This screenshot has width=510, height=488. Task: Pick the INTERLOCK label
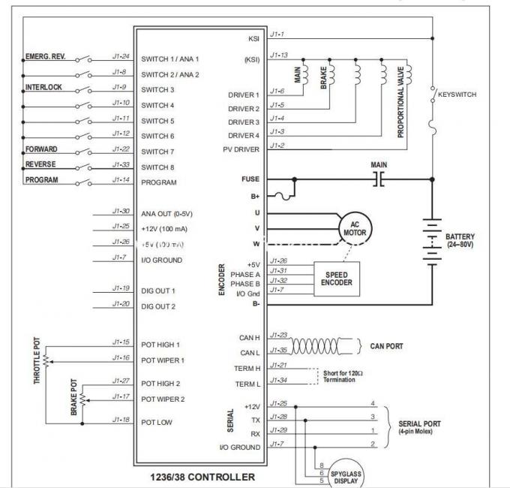(44, 87)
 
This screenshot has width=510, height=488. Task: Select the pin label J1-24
(121, 56)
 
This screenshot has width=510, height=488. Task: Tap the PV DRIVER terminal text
(241, 149)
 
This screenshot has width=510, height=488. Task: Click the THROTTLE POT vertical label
(36, 360)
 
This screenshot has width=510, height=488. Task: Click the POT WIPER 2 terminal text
(163, 399)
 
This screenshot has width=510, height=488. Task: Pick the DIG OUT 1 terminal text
(158, 291)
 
